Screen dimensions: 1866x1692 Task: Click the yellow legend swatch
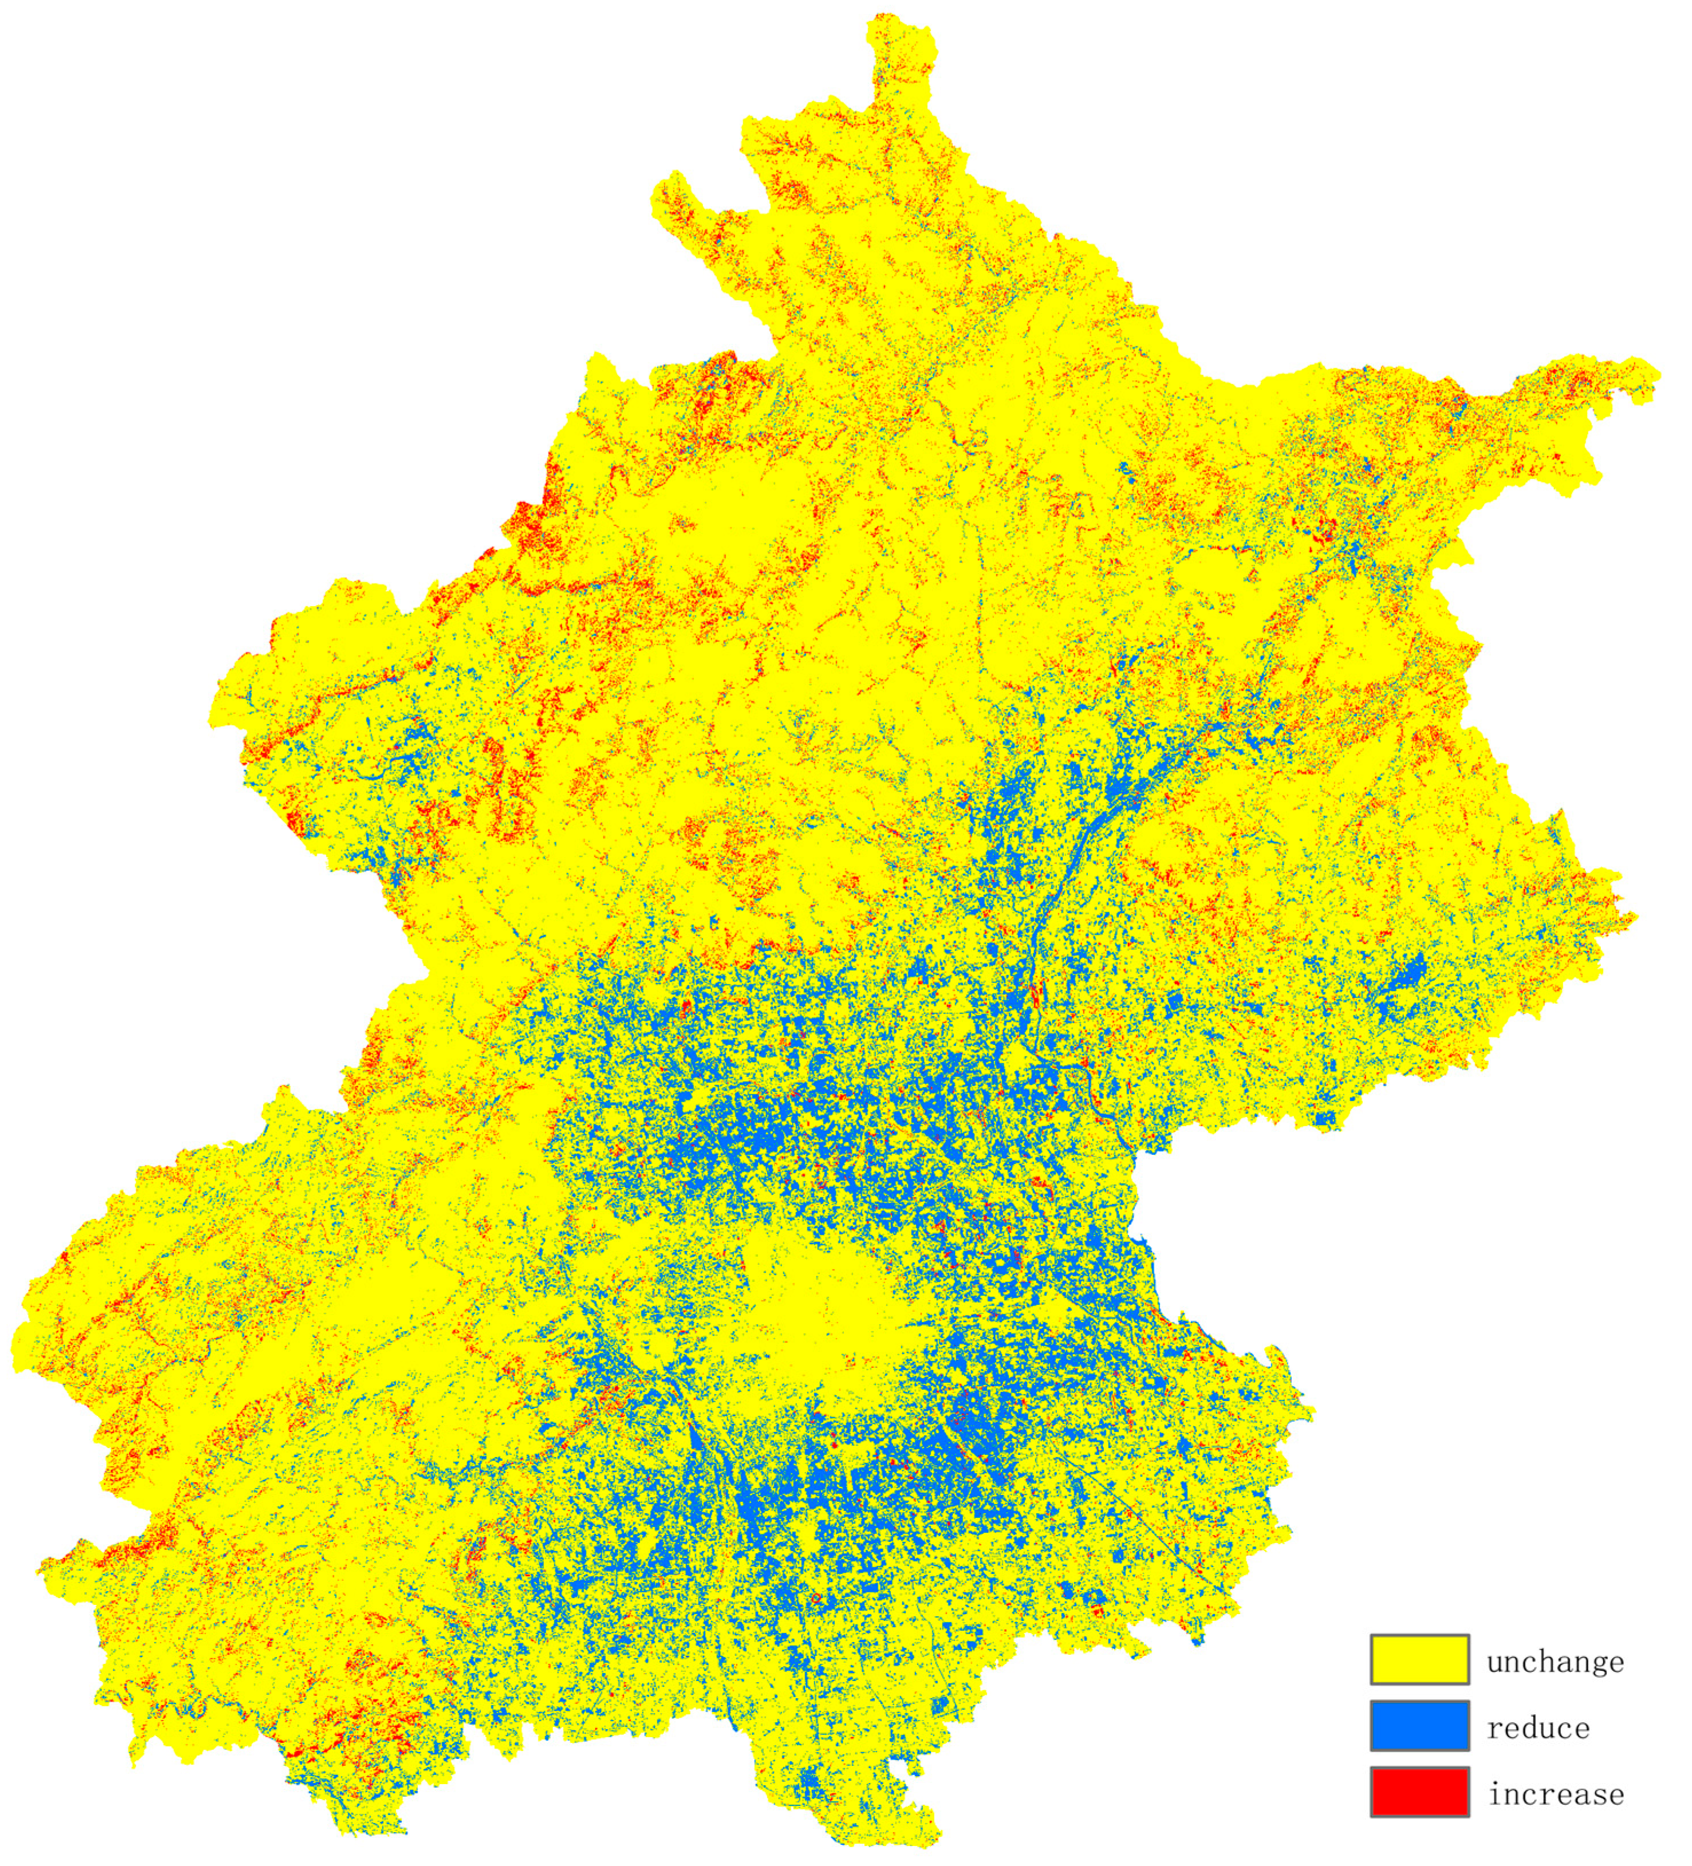(x=1419, y=1660)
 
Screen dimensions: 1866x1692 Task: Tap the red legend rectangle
(x=1419, y=1792)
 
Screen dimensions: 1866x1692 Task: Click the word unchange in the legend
(x=1555, y=1662)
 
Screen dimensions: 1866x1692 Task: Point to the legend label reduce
(x=1539, y=1727)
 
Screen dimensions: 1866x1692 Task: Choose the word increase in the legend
(x=1556, y=1794)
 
